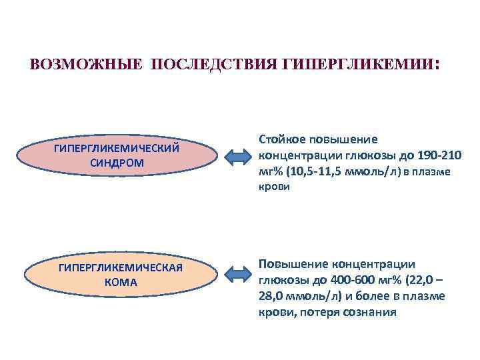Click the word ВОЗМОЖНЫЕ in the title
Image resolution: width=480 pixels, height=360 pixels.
point(87,65)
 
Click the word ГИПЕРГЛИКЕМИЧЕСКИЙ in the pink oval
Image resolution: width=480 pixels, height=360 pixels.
point(117,148)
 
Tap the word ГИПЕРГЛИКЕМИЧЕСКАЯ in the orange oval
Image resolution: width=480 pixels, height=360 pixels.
point(121,268)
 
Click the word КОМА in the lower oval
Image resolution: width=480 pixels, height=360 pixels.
point(121,282)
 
